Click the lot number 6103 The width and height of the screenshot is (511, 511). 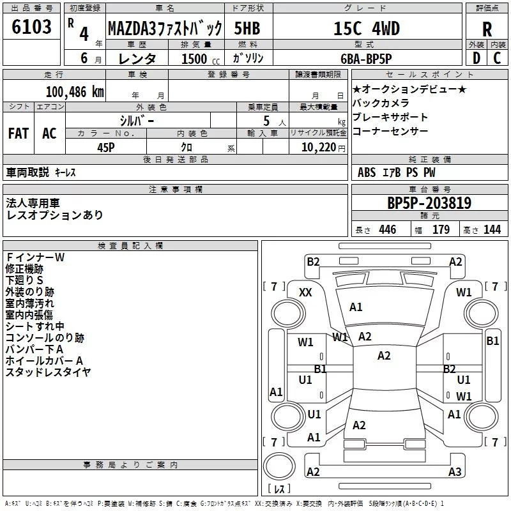[31, 27]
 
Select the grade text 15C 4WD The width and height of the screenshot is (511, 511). [367, 28]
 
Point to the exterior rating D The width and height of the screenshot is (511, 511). [477, 58]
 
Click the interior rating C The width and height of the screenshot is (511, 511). [497, 58]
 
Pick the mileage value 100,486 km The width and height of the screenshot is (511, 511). [75, 92]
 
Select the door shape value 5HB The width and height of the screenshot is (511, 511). [247, 28]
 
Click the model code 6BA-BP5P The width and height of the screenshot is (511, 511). [366, 59]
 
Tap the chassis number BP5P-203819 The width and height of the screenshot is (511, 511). [429, 203]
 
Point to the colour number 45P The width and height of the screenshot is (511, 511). [106, 148]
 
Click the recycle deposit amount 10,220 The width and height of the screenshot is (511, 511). [319, 148]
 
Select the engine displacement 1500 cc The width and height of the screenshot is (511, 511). [201, 59]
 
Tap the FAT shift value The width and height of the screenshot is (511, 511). [19, 133]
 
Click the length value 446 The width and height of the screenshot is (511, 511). [388, 229]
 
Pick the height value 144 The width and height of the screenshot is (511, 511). [492, 229]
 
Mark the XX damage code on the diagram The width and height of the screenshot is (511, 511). [305, 293]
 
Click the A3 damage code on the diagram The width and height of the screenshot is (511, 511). [455, 471]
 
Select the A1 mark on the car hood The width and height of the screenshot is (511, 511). [356, 307]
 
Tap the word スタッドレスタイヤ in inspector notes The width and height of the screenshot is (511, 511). [48, 372]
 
